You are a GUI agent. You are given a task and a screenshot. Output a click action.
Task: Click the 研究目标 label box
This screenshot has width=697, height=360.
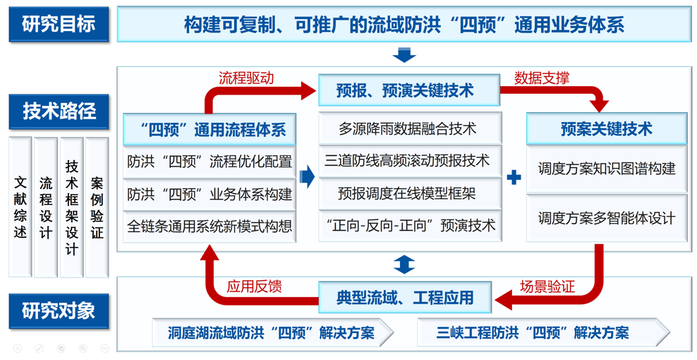59,25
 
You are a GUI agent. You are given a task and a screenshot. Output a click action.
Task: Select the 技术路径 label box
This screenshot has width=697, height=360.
59,111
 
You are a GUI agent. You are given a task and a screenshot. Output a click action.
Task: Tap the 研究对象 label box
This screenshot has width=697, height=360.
59,311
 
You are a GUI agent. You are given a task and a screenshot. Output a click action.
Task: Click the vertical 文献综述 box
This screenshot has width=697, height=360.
20,206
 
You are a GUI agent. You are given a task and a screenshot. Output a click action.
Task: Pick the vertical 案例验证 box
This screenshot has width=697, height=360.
97,206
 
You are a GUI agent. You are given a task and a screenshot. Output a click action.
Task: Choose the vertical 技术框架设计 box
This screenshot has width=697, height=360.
71,206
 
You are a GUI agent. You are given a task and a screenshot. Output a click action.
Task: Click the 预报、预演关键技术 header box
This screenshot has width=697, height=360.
408,90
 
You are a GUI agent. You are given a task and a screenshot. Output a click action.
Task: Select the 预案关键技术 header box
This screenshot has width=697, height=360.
606,129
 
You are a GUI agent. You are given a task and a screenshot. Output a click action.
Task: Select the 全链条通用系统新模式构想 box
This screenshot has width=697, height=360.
210,227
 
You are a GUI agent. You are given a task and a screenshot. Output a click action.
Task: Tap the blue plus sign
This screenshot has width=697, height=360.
514,177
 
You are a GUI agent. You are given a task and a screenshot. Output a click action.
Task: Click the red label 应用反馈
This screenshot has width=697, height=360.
255,286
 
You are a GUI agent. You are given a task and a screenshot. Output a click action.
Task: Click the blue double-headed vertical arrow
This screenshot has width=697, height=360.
404,265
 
